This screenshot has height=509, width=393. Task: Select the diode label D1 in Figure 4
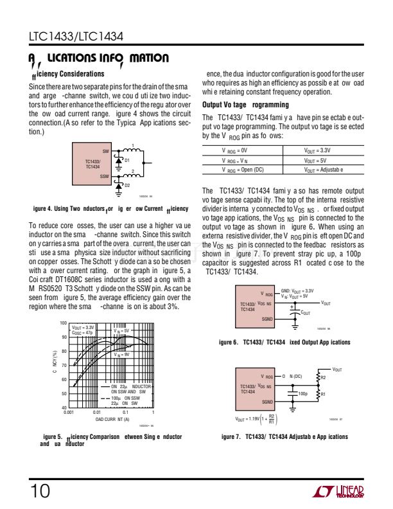(x=127, y=160)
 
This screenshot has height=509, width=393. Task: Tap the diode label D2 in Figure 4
(x=127, y=185)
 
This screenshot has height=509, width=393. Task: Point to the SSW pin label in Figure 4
(x=104, y=175)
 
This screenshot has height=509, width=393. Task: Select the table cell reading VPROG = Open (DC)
(x=241, y=169)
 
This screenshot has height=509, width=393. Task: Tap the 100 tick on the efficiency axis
(x=63, y=323)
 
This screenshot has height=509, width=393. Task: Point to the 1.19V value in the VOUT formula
(x=259, y=419)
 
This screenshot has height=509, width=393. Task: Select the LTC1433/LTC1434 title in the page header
(x=76, y=37)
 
